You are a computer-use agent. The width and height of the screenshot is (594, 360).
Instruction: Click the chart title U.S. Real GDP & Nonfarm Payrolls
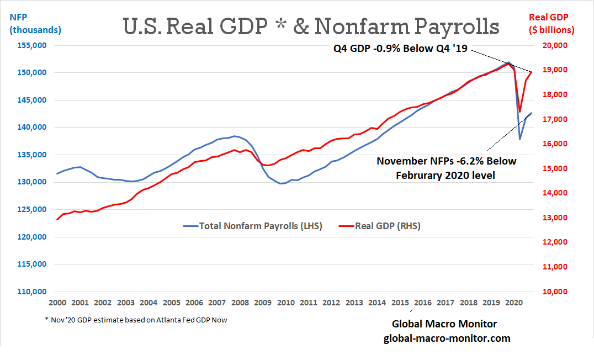point(311,27)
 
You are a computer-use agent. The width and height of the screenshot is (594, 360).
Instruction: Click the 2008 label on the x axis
point(239,303)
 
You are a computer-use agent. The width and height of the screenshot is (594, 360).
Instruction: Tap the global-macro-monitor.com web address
point(447,338)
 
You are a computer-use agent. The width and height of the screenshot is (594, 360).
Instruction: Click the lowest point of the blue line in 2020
point(519,139)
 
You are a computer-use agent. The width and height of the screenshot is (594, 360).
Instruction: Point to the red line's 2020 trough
point(519,112)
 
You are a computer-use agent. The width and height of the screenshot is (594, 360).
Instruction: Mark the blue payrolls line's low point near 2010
point(281,183)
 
